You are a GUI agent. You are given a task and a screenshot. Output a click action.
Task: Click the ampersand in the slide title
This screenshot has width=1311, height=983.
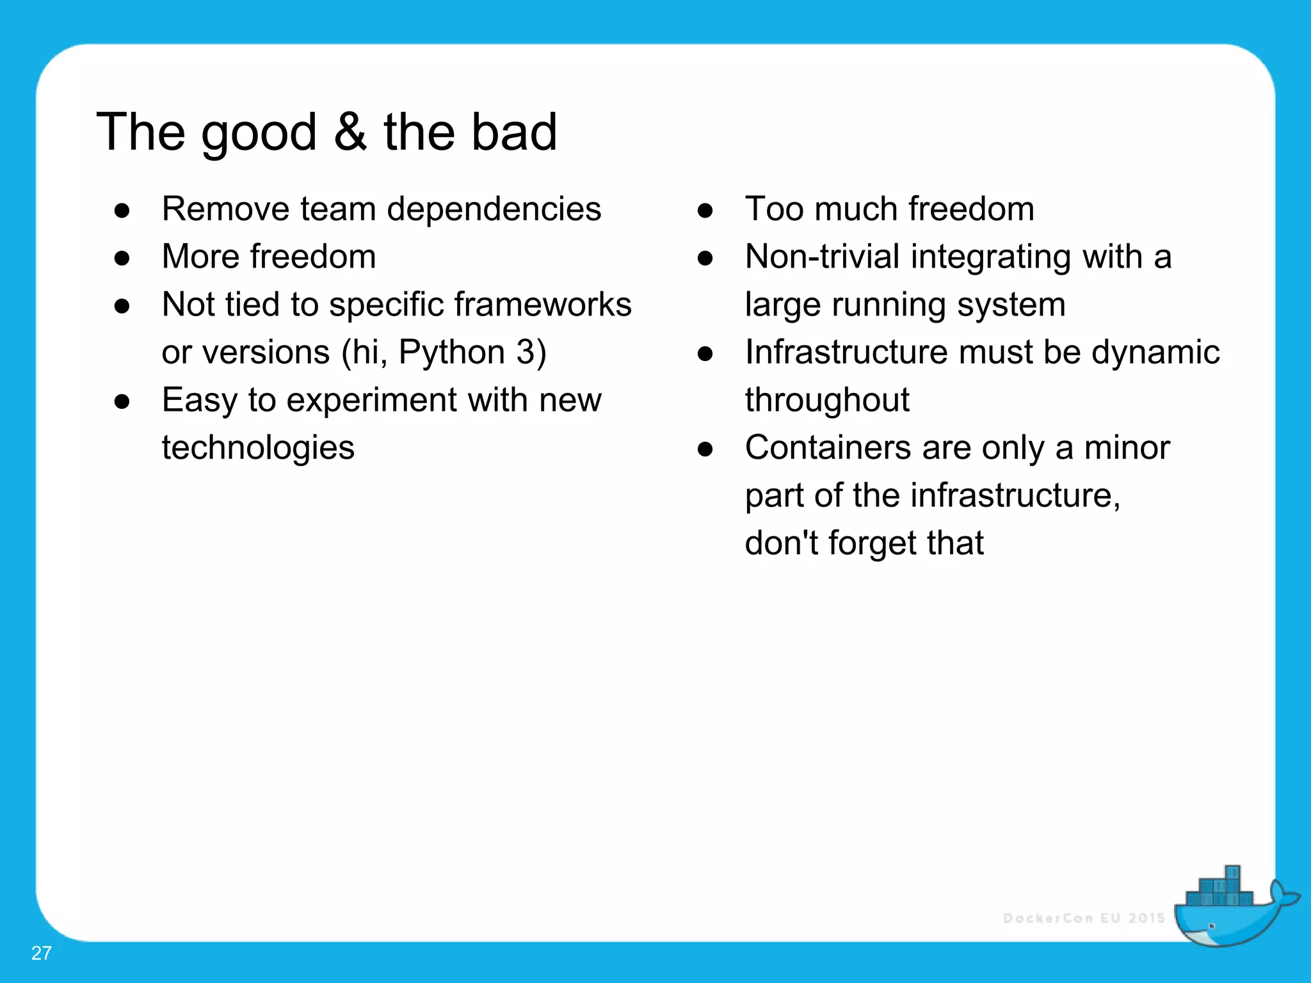pos(350,132)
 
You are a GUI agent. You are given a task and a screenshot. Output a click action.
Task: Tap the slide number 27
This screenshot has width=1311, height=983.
pos(41,953)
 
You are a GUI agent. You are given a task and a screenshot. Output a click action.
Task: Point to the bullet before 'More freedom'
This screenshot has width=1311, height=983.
pos(122,258)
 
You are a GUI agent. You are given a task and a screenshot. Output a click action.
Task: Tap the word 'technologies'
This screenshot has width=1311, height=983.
pos(258,448)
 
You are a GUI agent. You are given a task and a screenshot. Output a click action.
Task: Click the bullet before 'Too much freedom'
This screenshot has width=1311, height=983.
pos(705,211)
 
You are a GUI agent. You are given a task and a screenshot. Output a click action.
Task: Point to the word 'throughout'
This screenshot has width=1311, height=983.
pos(827,401)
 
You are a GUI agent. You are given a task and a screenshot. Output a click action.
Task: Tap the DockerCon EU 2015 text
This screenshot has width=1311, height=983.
pos(1084,918)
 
